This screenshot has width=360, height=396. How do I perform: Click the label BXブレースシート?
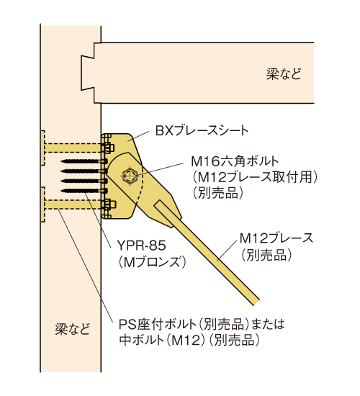[x=202, y=131]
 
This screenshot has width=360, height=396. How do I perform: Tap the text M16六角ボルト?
[x=235, y=161]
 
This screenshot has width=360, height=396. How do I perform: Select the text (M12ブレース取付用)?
[x=254, y=177]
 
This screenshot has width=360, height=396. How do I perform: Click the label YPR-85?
[x=141, y=246]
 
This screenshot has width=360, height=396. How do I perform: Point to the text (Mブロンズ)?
[x=152, y=261]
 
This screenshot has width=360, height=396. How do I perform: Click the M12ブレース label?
[x=276, y=238]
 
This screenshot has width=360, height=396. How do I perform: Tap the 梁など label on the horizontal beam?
[x=284, y=74]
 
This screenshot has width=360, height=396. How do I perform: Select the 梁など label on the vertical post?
[x=73, y=329]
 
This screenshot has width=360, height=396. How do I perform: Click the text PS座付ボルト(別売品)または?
[x=202, y=324]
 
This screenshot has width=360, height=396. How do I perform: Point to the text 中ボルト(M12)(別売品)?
[x=189, y=340]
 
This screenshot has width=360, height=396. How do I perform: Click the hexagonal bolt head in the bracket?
[x=130, y=175]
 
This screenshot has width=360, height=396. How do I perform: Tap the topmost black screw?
[x=84, y=161]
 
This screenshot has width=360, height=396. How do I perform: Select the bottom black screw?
[x=84, y=190]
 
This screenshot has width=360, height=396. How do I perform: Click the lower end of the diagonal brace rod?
[x=256, y=302]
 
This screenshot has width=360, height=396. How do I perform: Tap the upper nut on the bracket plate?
[x=109, y=148]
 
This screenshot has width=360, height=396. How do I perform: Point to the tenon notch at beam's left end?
[x=88, y=73]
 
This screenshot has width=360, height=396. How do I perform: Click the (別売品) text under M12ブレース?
[x=266, y=254]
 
